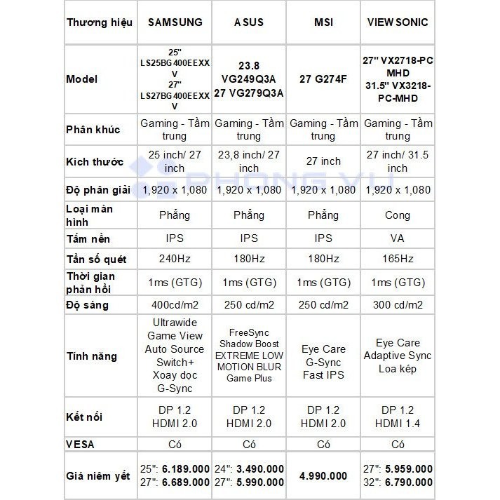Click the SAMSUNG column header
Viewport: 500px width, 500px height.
(175, 22)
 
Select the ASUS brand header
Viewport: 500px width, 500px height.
(249, 22)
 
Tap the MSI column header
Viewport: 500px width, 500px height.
(323, 22)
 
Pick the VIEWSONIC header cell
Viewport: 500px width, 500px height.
(398, 22)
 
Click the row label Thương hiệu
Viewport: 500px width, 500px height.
(100, 22)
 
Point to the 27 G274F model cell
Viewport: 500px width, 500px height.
(323, 79)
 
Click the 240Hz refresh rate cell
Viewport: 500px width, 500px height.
(175, 259)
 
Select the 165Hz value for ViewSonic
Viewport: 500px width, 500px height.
(398, 259)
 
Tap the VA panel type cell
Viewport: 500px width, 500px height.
(398, 239)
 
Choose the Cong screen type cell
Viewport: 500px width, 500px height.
(398, 215)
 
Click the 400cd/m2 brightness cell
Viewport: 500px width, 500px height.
(175, 305)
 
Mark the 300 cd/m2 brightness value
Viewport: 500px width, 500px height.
(398, 305)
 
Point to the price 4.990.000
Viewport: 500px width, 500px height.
(323, 475)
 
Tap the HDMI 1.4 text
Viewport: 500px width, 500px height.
(398, 423)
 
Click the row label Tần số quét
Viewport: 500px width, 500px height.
(96, 259)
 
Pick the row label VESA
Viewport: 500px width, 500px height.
(80, 444)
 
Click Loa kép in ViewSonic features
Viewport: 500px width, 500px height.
(398, 368)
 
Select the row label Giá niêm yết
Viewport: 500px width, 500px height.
(98, 476)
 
